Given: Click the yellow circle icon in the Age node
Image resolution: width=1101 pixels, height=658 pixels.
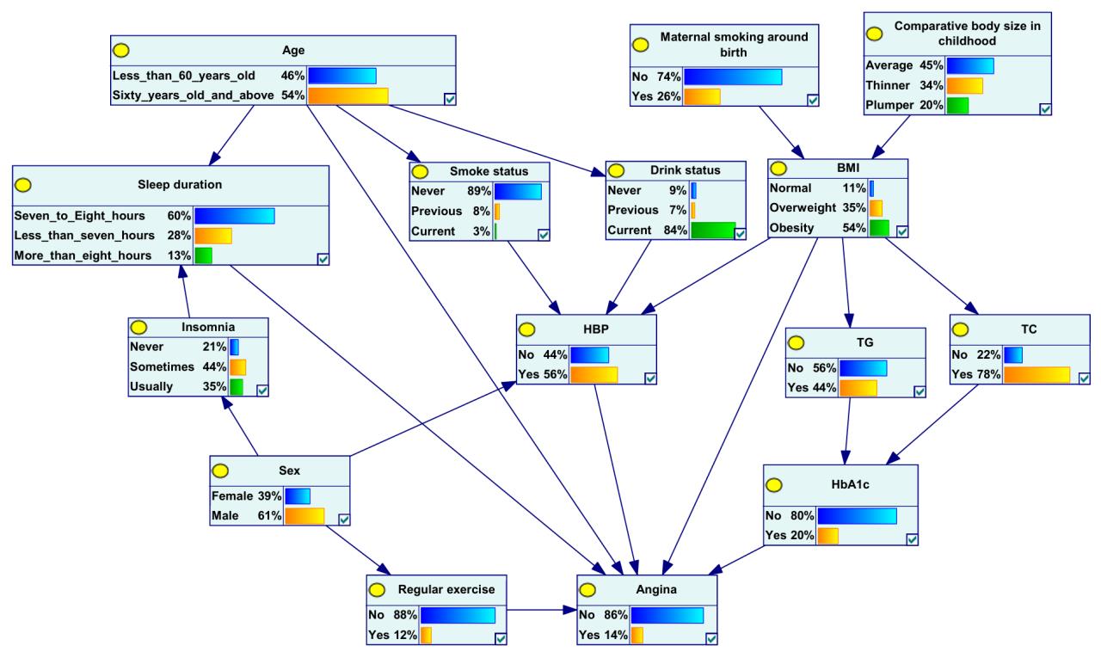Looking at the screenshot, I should tap(124, 50).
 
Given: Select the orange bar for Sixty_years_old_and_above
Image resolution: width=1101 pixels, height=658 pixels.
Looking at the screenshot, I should tap(348, 95).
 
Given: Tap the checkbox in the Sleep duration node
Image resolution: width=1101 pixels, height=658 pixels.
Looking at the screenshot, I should tap(323, 258).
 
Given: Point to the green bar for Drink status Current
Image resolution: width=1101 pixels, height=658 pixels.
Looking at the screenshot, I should tap(712, 231).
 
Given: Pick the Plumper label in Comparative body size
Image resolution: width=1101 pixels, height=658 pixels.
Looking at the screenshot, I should tap(889, 105).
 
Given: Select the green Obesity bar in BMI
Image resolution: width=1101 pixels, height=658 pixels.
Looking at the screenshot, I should tap(878, 228).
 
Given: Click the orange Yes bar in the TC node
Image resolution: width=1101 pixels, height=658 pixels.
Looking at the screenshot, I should tap(1036, 375).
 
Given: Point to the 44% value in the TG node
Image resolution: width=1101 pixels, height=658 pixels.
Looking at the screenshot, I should tap(823, 389).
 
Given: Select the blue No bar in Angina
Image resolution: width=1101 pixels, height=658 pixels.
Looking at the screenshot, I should tap(667, 616).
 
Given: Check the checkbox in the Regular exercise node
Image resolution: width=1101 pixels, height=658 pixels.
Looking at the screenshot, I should tap(501, 637).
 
